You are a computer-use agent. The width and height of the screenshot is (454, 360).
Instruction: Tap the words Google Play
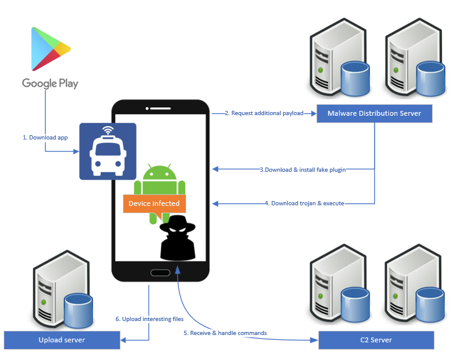coord(50,83)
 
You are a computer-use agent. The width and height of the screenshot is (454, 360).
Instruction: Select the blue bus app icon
coord(108,152)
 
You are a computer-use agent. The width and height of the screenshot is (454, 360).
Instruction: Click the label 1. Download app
coord(45,138)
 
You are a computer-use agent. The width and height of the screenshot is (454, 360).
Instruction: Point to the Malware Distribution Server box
coord(374,113)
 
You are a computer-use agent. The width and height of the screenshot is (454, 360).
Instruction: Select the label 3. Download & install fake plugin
coord(303,169)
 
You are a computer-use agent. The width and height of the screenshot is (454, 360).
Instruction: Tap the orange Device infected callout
coord(154,203)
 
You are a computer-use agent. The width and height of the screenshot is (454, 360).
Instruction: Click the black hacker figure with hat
coord(177,238)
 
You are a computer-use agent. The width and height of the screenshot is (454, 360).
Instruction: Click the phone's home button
coord(160,273)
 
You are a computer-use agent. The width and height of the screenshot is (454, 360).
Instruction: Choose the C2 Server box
coord(377,340)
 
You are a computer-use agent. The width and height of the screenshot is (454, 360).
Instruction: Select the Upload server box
coord(61,340)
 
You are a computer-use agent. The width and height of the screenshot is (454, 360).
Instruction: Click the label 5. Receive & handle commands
coord(225,333)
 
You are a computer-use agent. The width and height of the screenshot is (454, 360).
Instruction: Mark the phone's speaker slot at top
coord(160,110)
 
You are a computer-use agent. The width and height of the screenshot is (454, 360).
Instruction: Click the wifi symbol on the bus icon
coord(108,130)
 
